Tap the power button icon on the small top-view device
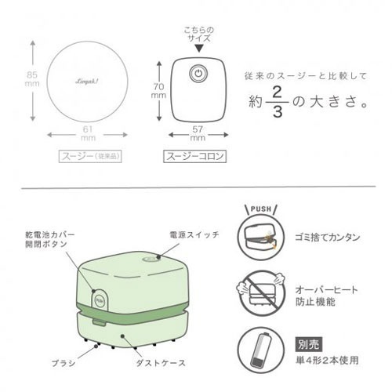198,75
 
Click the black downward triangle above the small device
198,48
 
